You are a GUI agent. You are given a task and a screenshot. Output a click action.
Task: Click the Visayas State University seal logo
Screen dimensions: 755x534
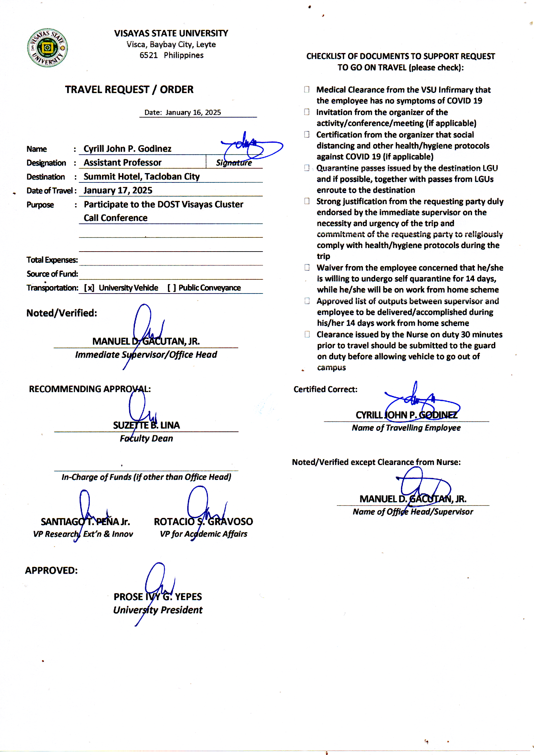tap(47, 48)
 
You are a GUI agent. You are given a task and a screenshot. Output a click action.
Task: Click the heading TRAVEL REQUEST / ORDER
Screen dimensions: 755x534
tap(129, 89)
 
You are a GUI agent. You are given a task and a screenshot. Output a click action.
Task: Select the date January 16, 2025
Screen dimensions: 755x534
tap(193, 112)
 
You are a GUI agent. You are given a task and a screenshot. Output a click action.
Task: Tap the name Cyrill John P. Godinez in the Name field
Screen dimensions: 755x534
tap(127, 149)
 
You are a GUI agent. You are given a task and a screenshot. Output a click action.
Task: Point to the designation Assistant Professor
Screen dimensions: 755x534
tap(122, 162)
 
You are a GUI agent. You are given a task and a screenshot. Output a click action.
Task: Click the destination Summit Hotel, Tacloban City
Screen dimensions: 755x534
tap(141, 177)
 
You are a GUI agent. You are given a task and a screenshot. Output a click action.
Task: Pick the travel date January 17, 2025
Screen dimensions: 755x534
tap(118, 191)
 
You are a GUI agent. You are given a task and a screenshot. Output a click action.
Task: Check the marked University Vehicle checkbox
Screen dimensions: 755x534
tap(89, 288)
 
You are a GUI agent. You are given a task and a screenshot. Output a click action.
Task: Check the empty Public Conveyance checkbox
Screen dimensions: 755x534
tap(171, 288)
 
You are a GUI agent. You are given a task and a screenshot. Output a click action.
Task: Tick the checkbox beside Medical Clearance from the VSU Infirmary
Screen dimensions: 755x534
tap(307, 89)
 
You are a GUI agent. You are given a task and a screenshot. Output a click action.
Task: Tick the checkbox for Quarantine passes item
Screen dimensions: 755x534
tap(307, 168)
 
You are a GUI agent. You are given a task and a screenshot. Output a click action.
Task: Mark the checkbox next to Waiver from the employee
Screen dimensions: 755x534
tap(307, 267)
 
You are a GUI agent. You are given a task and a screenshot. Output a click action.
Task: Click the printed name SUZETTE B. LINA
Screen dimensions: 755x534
tap(146, 425)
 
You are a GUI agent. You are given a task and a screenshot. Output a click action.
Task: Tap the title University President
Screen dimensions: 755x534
tap(158, 610)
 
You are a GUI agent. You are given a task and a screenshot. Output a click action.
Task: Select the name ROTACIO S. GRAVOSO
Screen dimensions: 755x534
tap(203, 522)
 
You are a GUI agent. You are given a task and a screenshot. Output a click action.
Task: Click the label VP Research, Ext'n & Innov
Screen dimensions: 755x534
tap(83, 534)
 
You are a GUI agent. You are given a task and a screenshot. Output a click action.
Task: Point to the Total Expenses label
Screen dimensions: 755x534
tap(52, 260)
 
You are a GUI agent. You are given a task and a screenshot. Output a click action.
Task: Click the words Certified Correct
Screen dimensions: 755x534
tap(325, 389)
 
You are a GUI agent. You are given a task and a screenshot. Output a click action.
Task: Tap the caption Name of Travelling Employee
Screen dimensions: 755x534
tap(406, 428)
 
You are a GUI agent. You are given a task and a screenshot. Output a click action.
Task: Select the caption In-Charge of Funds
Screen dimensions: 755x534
tap(146, 477)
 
